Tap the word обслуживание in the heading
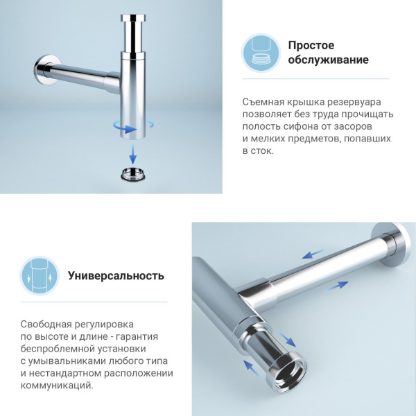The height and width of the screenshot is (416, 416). point(328,60)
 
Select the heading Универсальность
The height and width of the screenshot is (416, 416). point(116,275)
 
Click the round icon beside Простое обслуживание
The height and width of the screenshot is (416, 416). point(261,53)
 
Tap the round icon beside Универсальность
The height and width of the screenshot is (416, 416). point(40,276)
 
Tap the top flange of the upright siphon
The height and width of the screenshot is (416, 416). point(133,18)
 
